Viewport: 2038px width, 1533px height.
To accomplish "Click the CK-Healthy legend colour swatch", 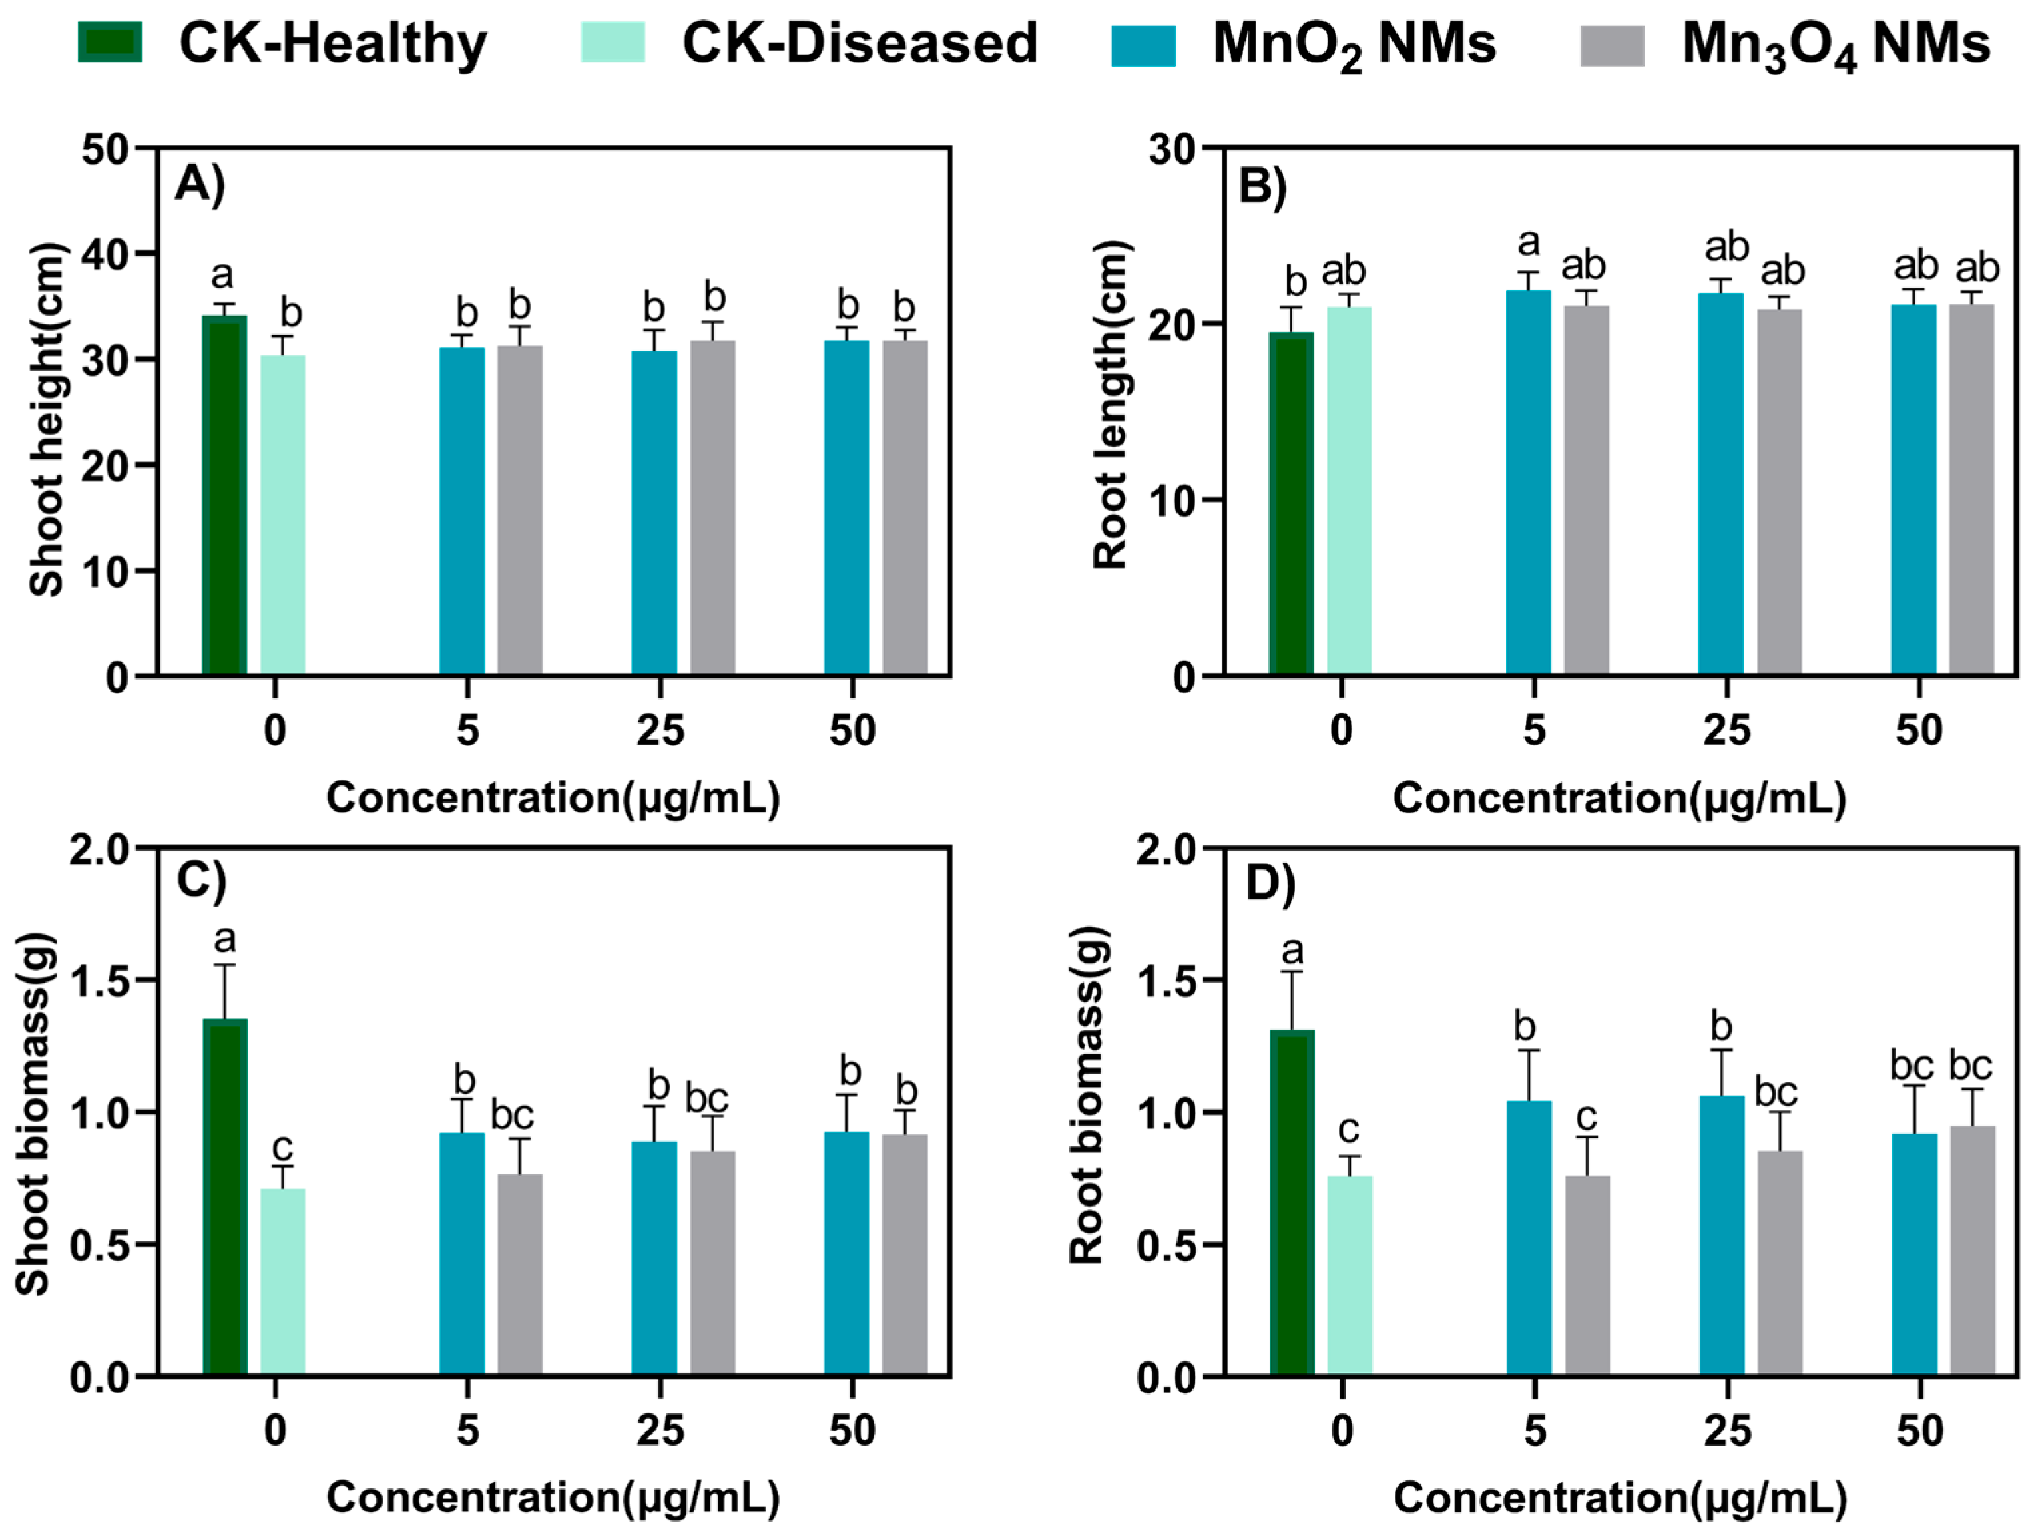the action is coord(109,42).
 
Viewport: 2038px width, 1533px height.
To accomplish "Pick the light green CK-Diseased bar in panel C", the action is coord(283,1283).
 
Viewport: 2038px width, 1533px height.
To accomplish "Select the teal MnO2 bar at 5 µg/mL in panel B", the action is coord(1529,483).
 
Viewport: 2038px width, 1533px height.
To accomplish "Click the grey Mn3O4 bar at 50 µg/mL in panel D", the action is coord(1972,1251).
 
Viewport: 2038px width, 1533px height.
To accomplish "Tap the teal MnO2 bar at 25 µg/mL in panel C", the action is coord(654,1259).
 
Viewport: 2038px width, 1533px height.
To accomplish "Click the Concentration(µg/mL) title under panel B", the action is coord(1619,799).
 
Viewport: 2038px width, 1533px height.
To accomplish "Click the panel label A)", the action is coord(200,184).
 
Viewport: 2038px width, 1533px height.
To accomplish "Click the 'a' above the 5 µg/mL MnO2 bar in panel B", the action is coord(1529,243).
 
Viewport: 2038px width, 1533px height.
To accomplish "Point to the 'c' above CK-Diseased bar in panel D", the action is coord(1348,1130).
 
